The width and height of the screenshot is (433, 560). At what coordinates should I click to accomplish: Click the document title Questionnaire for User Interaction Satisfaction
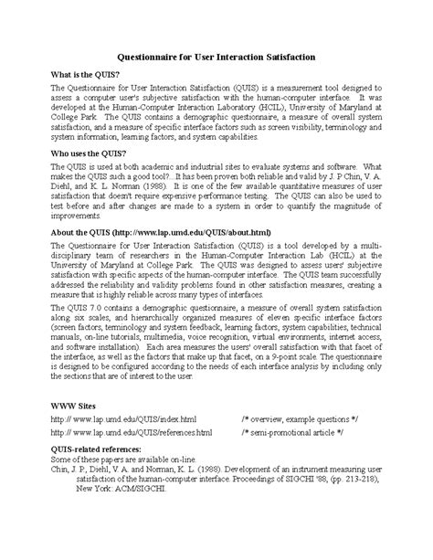(x=216, y=57)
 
